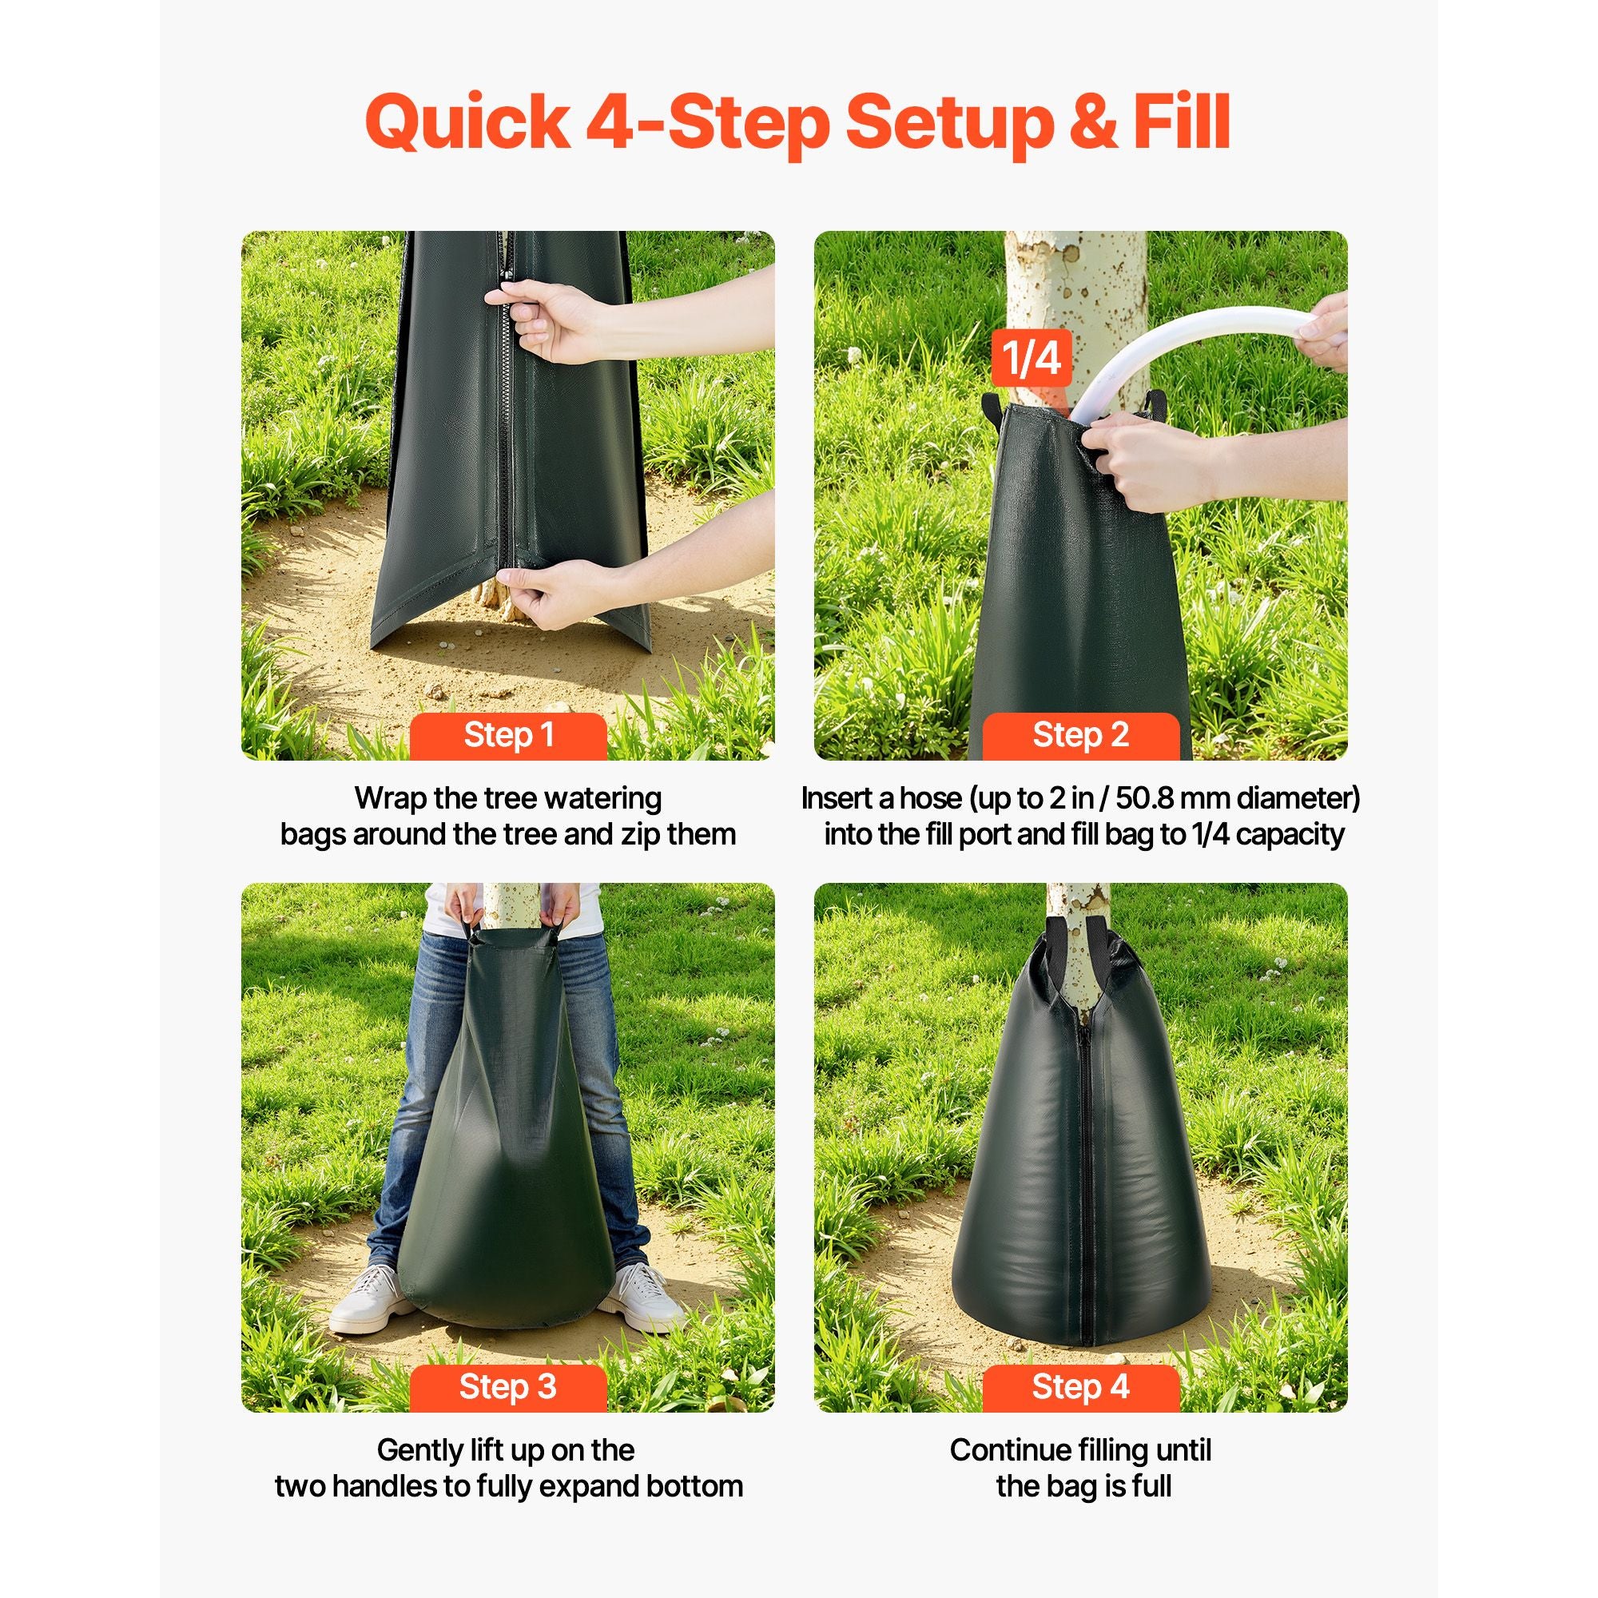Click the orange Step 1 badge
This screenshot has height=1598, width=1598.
pos(509,735)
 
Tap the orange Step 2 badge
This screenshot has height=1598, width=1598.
pos(1080,735)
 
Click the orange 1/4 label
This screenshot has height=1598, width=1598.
pos(1031,358)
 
